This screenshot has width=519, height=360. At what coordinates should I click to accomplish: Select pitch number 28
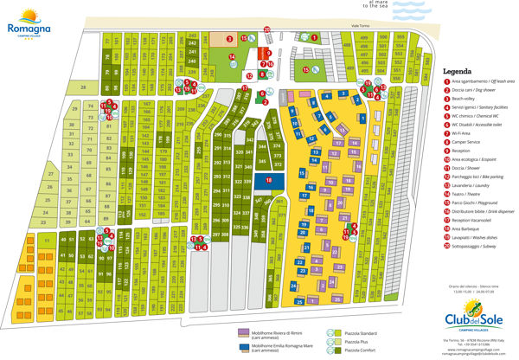(83, 88)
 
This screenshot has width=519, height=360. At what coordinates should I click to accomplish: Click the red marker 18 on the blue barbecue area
(268, 180)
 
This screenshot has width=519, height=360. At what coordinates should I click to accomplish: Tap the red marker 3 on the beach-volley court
(228, 39)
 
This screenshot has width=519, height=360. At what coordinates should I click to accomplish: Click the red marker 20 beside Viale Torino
(267, 30)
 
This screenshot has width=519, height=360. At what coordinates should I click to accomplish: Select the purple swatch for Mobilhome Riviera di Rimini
(243, 331)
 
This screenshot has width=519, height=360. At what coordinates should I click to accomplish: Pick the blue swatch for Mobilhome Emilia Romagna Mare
(243, 347)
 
